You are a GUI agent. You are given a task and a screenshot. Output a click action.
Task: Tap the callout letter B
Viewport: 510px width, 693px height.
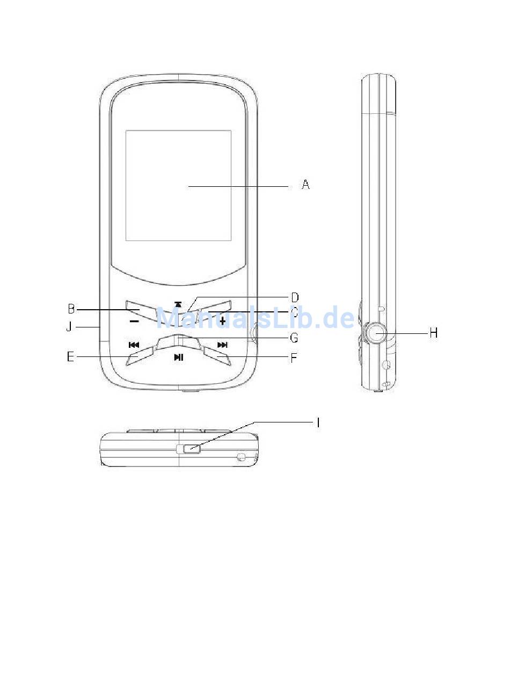[71, 309]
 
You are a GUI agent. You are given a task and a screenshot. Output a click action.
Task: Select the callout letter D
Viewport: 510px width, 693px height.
[295, 297]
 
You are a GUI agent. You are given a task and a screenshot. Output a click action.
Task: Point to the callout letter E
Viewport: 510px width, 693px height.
[70, 357]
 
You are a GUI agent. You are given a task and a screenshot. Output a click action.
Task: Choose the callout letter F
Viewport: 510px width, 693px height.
[294, 358]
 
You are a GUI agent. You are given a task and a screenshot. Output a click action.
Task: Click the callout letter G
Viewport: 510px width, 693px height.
[294, 338]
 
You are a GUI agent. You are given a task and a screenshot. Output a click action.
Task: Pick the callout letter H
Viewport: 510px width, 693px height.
[434, 333]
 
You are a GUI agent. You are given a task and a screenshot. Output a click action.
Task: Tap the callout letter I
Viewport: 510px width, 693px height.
[318, 422]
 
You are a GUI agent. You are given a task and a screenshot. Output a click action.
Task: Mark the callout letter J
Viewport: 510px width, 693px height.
[69, 327]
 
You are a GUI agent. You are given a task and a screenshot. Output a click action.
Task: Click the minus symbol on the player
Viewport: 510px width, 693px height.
[134, 322]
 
